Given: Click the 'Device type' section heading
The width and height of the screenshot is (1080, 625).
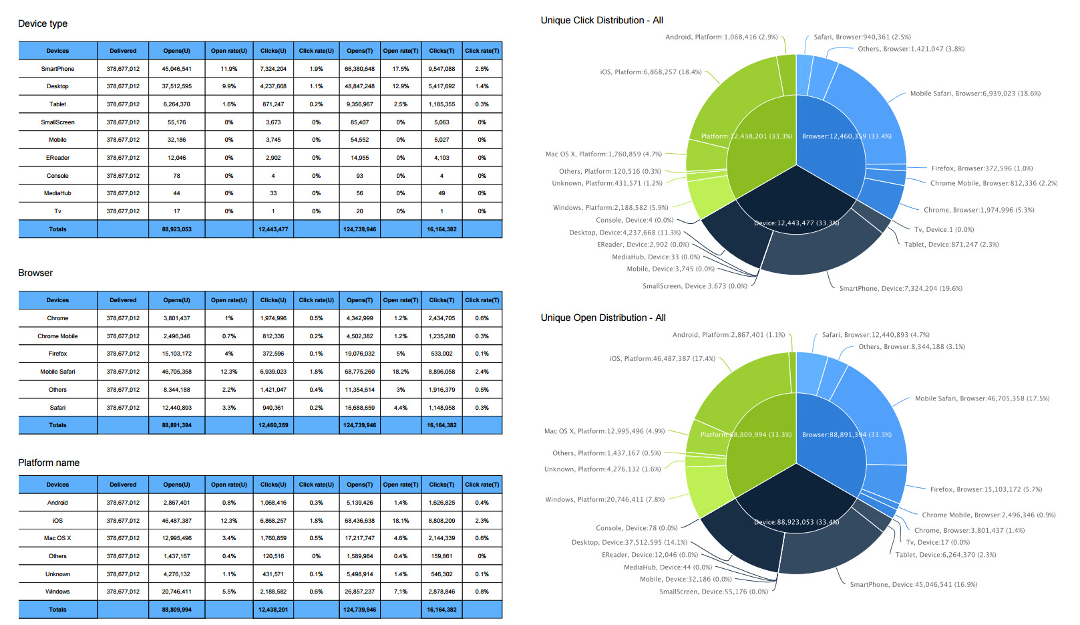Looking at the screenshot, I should tap(43, 24).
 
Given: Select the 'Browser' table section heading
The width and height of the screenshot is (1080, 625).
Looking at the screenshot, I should tap(35, 273).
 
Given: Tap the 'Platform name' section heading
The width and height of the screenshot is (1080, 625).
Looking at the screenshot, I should tap(49, 463).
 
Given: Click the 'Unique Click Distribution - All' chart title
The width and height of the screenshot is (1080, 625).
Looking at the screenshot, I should tap(602, 21).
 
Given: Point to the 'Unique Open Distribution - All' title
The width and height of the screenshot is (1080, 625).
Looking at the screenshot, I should tap(603, 318).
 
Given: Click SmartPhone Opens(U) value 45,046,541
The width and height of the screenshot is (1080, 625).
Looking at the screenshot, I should tap(176, 69).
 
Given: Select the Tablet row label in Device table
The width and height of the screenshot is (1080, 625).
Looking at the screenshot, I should tap(57, 104).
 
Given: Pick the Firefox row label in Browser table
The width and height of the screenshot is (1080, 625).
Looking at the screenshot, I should tap(57, 354).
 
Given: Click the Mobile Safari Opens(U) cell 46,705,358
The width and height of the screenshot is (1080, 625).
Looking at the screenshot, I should tap(176, 372).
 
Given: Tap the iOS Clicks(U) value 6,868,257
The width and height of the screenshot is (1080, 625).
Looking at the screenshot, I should tap(273, 521).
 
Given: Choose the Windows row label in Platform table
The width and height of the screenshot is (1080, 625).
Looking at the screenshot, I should tap(57, 592).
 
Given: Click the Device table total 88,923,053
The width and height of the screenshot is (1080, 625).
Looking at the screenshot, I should tap(176, 229).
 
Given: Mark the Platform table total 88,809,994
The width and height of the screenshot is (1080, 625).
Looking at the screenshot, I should tap(176, 610).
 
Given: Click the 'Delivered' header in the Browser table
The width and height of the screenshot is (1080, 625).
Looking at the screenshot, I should tap(123, 300).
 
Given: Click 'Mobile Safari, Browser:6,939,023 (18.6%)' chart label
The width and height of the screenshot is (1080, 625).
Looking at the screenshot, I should tap(975, 94).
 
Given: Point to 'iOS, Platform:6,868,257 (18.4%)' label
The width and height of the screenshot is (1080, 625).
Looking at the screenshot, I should tap(651, 72).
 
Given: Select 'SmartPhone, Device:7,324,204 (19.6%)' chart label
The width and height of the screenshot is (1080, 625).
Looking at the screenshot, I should tap(900, 289).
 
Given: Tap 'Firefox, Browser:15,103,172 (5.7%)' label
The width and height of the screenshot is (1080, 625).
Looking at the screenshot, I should tap(986, 489).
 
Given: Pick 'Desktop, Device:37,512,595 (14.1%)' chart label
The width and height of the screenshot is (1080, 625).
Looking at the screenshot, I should tap(629, 543).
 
